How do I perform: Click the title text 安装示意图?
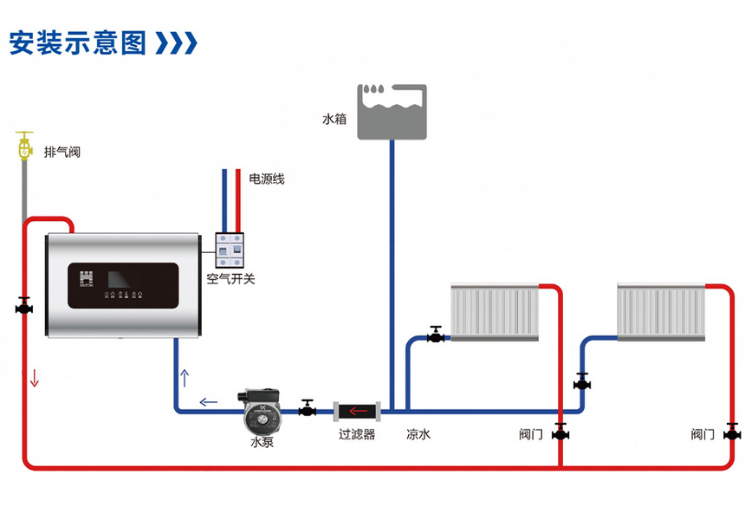coord(77,42)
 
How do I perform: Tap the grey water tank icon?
coord(392,112)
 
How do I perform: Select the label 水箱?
coord(334,119)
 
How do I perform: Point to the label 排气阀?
coord(62,153)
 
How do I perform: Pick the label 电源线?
coord(267,179)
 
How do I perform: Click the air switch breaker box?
coord(230,250)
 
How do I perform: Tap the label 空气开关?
coord(231,278)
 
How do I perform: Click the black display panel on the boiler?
coord(124,285)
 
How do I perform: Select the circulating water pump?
coord(261,411)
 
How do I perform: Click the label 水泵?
coord(262,442)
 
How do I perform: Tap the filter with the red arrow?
coord(357,411)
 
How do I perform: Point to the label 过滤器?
coord(357,434)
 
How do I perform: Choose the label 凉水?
coord(418,434)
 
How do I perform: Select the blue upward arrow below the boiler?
coord(185,378)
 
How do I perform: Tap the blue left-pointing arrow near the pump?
coord(209,403)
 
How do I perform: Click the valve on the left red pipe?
coord(24,306)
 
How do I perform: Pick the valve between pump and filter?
coord(308,408)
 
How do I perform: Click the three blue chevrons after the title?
coord(176,42)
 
